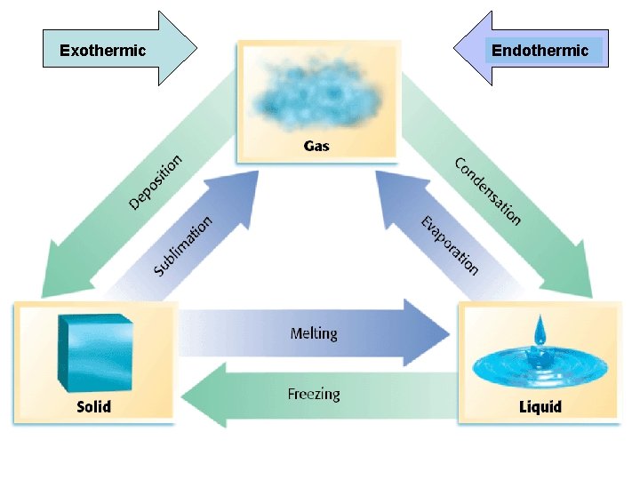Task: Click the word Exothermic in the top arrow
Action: [x=102, y=51]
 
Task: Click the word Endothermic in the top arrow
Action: [x=540, y=51]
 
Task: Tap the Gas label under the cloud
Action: [x=316, y=145]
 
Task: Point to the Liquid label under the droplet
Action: [x=540, y=408]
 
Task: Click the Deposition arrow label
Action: [x=156, y=181]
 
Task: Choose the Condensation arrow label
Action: [x=487, y=191]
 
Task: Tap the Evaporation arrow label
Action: [x=450, y=244]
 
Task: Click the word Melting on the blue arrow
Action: [x=314, y=333]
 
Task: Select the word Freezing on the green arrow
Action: [x=314, y=394]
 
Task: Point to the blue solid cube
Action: [x=92, y=354]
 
